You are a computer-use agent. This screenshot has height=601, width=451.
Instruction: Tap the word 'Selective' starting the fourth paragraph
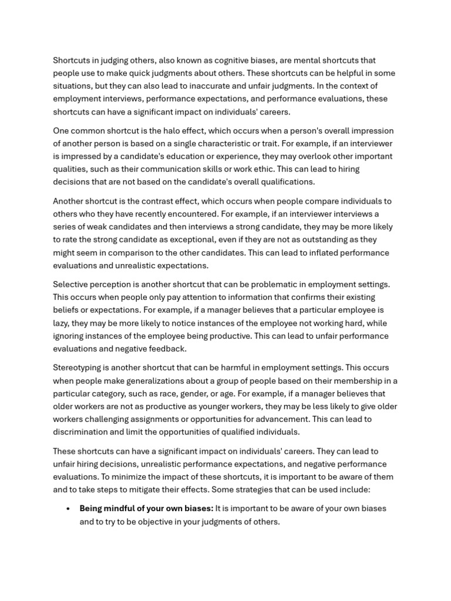click(x=71, y=285)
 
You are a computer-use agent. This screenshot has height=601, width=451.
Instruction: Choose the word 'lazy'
click(x=62, y=323)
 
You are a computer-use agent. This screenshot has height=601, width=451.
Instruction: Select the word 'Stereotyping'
click(x=78, y=368)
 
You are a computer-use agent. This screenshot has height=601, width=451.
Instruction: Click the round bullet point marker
click(x=69, y=509)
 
